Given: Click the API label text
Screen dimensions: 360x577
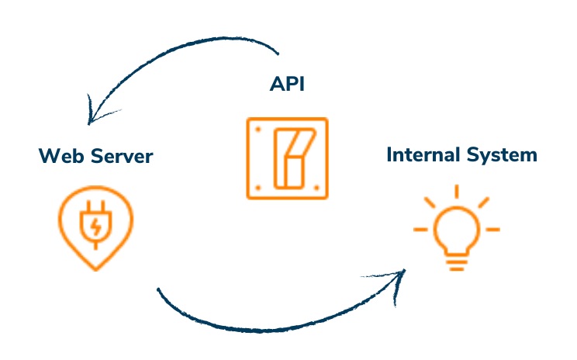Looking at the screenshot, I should pos(286,84).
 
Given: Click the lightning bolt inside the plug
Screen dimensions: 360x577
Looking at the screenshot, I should pos(95,227).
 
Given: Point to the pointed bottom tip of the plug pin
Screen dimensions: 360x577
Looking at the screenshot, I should pos(95,268).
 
